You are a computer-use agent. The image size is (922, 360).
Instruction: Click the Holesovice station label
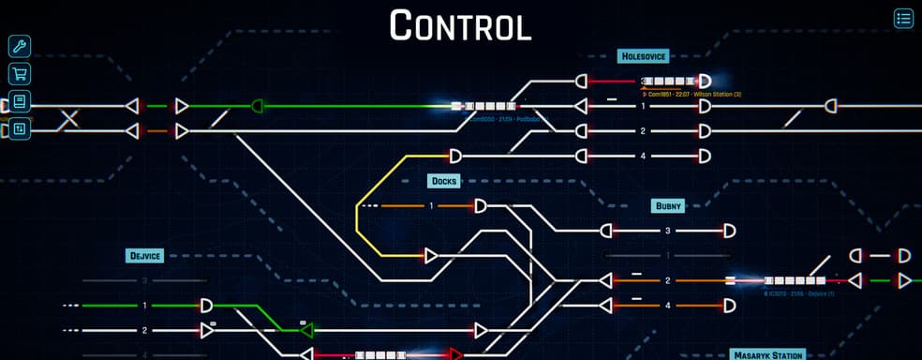coord(643,56)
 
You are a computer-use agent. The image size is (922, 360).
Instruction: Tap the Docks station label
coord(442,181)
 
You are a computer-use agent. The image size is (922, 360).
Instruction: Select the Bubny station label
coord(668,205)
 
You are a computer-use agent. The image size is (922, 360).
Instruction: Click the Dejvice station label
coord(144,255)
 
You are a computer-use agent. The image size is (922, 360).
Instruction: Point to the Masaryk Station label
coord(768,355)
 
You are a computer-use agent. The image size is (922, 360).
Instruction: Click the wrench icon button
coord(19,46)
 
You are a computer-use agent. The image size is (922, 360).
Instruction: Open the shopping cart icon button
coord(19,74)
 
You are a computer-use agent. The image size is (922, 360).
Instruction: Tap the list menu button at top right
coord(903,18)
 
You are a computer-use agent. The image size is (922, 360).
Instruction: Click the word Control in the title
coord(460,25)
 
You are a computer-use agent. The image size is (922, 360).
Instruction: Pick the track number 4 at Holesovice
coord(644,156)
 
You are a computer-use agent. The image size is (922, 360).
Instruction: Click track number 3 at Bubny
coord(668,231)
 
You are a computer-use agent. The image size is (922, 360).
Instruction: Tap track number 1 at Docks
coord(431,205)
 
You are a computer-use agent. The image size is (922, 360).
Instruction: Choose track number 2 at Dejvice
coord(144,330)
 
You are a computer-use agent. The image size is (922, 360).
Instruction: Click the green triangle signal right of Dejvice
coord(305,330)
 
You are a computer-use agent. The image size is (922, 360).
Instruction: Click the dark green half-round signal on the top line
coord(258,106)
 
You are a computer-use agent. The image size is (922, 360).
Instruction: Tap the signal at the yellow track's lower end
coord(431,255)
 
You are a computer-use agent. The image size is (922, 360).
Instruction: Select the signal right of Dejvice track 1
coord(207,306)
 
